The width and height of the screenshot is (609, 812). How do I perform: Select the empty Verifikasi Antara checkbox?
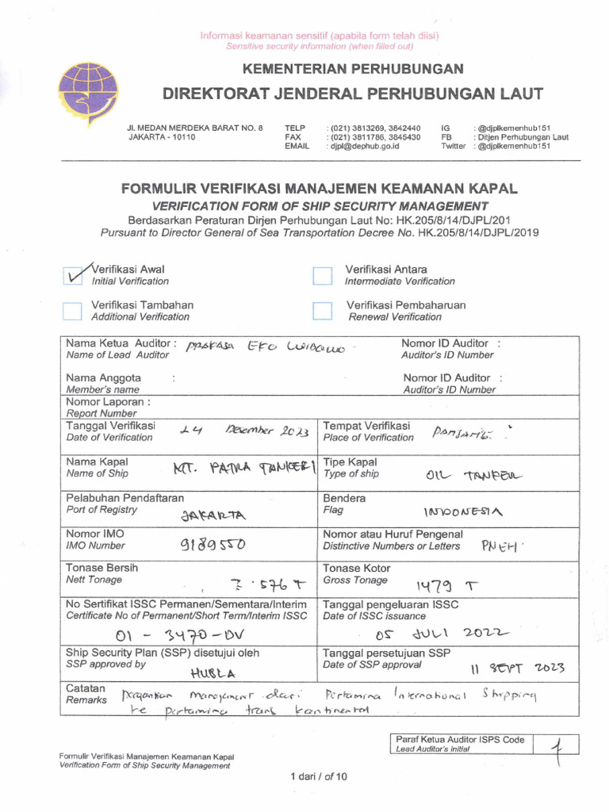(322, 275)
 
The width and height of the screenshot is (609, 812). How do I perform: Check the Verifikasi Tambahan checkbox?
(72, 310)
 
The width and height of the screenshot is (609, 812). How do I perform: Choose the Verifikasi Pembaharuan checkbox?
(322, 310)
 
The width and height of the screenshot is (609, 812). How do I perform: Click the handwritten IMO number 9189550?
(213, 546)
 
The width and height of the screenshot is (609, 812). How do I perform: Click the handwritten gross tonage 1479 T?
(448, 585)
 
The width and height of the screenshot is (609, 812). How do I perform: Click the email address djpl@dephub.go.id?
(366, 147)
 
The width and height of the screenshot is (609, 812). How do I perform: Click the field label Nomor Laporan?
(109, 402)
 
